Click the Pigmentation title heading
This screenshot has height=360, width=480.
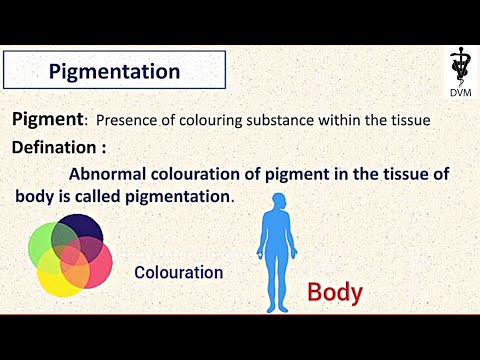tap(114, 72)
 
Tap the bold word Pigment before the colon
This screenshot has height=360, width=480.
tap(46, 120)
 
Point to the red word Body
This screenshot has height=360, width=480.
tap(334, 293)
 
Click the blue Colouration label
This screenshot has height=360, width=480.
tap(178, 272)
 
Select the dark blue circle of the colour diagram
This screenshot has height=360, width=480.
tap(83, 231)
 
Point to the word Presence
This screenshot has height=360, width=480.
tap(126, 121)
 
